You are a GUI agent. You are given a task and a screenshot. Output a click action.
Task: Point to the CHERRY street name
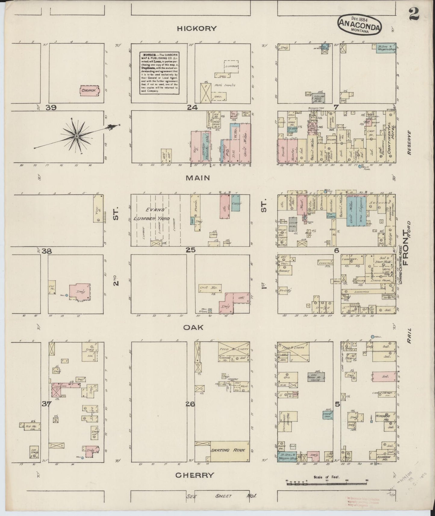(x=194, y=475)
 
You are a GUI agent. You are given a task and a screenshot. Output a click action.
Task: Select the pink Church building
(x=89, y=90)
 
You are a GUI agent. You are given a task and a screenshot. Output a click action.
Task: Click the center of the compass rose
(x=76, y=136)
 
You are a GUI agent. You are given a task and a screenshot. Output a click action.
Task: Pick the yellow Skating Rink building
(x=230, y=450)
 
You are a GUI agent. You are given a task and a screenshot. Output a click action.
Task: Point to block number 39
(x=51, y=107)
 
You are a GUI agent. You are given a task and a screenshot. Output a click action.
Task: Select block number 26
(x=190, y=404)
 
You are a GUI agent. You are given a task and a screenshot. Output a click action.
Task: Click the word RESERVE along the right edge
(x=409, y=142)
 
